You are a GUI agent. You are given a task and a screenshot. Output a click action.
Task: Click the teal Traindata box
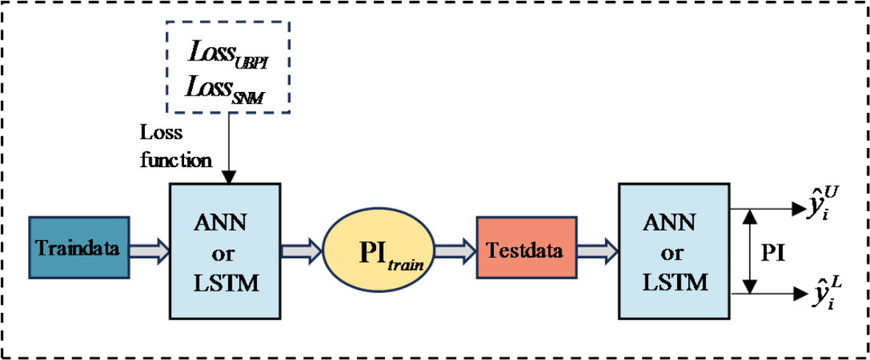point(79,247)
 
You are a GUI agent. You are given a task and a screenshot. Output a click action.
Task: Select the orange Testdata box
point(526,250)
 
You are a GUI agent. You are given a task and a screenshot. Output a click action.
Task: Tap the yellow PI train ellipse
point(378,250)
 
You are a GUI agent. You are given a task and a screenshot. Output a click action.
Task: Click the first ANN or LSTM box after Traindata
point(224,250)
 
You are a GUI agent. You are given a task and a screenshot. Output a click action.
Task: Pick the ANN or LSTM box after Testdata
point(672,250)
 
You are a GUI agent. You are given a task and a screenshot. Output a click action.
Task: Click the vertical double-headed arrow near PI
point(749,251)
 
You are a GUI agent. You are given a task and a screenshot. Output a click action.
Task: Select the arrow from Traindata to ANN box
point(150,250)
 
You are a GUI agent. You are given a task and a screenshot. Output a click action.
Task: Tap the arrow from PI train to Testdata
point(455,250)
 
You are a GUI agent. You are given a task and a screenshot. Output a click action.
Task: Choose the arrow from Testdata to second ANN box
point(597,250)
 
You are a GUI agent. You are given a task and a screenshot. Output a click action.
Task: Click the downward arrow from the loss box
point(229,147)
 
